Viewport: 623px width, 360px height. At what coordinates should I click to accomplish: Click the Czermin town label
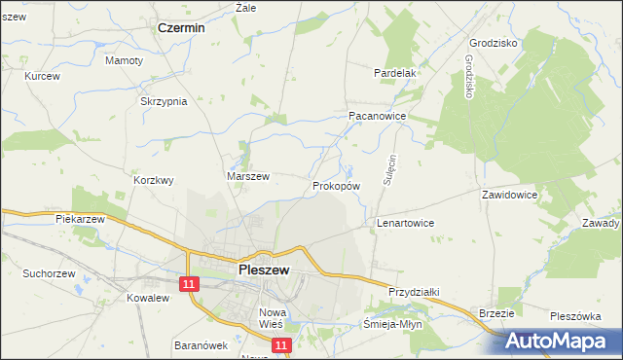181,29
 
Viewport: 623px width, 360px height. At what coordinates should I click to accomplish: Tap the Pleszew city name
263,270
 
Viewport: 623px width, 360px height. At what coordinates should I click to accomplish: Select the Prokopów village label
337,185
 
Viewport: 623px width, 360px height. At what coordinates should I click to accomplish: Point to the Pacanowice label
377,115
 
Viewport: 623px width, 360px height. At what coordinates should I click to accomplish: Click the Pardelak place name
395,73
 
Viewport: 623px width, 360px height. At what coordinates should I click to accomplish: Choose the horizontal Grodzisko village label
493,44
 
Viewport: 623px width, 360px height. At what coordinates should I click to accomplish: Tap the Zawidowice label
510,195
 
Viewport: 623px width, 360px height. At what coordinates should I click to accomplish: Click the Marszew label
247,176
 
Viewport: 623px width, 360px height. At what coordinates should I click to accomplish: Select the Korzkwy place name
153,180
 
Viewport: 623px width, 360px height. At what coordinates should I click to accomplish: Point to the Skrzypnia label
163,102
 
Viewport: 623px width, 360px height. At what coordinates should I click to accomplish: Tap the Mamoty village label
124,60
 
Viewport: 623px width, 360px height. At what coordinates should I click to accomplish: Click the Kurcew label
43,76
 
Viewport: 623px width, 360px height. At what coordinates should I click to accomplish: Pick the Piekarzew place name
80,220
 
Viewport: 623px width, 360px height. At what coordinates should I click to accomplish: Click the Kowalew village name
148,298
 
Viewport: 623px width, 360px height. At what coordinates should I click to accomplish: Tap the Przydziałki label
415,292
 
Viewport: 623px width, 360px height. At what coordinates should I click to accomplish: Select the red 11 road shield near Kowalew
188,282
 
